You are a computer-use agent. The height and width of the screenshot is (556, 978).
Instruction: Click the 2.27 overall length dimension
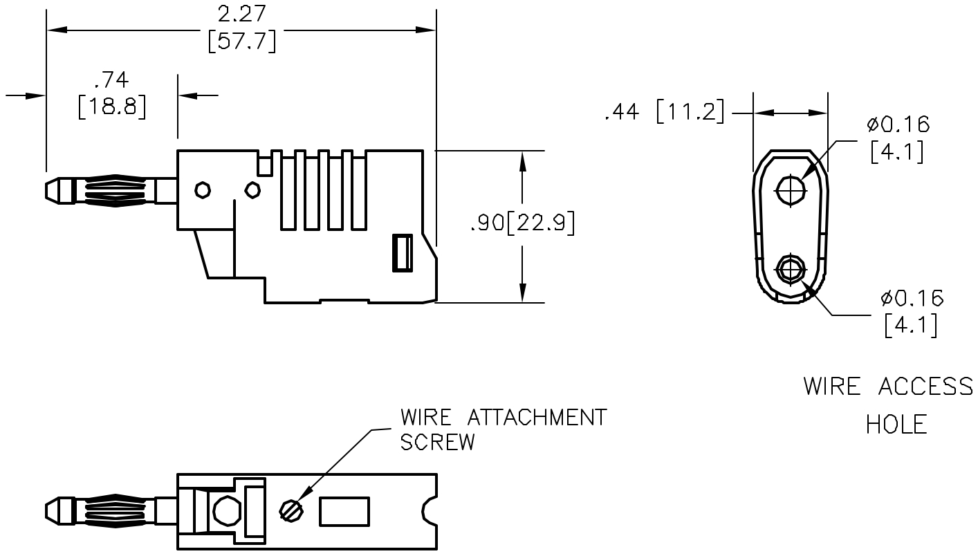coord(242,15)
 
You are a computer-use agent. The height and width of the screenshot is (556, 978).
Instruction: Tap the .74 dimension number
coord(111,80)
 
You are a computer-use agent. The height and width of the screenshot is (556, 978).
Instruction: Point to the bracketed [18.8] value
coord(112,107)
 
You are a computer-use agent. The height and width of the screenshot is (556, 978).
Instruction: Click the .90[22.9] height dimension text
coord(523,223)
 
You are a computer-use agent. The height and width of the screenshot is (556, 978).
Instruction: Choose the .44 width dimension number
coord(622,112)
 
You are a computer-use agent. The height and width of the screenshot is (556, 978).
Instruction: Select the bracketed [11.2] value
coord(690,112)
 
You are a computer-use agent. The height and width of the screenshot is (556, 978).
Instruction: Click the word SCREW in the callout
coord(438,442)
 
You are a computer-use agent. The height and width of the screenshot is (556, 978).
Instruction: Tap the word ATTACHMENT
coord(537,418)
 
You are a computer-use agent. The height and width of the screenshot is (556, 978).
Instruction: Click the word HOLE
coord(896,425)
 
